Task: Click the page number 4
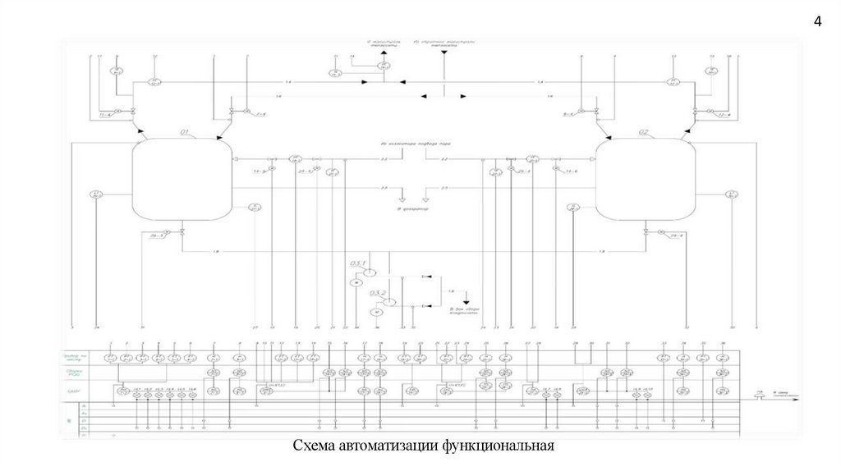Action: coord(817,22)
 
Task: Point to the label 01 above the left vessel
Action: coord(185,131)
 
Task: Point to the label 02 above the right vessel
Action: coord(643,131)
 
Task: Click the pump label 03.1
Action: coord(357,262)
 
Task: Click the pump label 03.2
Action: coord(378,292)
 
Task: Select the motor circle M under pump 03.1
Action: coord(356,282)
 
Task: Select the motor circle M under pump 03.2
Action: coord(377,313)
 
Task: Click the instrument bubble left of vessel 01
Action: coord(96,195)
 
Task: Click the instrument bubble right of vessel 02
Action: coord(732,194)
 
